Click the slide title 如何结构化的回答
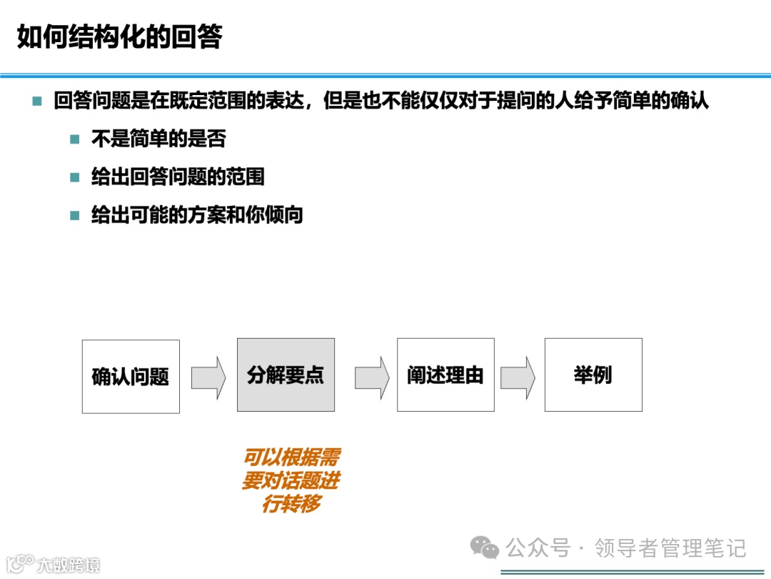click(119, 37)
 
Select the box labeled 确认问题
click(131, 377)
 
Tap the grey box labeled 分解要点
click(286, 375)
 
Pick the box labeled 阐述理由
click(445, 375)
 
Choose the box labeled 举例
click(593, 375)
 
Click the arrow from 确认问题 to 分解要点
click(208, 377)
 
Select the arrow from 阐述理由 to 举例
click(518, 377)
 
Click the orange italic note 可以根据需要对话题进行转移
click(291, 480)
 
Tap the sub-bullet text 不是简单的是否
click(158, 139)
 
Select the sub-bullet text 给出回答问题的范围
click(178, 177)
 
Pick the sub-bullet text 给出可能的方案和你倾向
click(197, 215)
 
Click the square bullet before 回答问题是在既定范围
click(37, 102)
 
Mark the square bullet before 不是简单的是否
click(75, 139)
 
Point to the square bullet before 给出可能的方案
click(75, 215)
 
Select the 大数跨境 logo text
click(69, 565)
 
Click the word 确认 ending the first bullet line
click(690, 101)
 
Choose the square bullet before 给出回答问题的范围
click(75, 177)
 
